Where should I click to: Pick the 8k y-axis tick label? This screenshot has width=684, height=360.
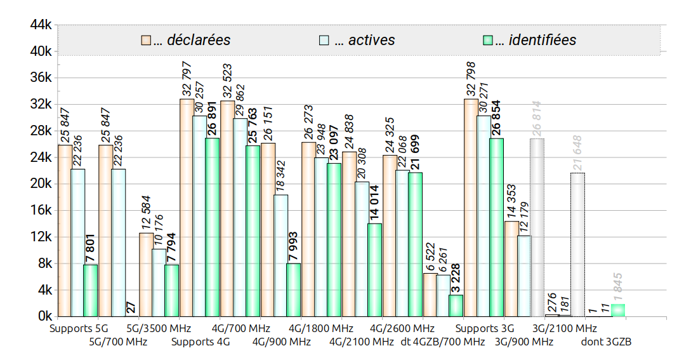(42, 263)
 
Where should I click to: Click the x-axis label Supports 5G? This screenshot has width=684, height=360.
(79, 329)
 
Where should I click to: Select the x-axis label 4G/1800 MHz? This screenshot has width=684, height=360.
(320, 329)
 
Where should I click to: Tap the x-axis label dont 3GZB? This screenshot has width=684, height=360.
(606, 342)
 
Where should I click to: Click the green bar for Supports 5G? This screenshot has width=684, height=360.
(91, 290)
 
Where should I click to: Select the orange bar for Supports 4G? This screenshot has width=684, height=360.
(187, 208)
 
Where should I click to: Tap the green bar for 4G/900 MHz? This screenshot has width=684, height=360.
(294, 290)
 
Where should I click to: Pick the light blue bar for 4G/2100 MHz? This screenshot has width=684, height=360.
(362, 249)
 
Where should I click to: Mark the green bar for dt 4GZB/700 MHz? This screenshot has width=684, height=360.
(456, 305)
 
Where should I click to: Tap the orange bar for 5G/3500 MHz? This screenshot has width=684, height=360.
(147, 274)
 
